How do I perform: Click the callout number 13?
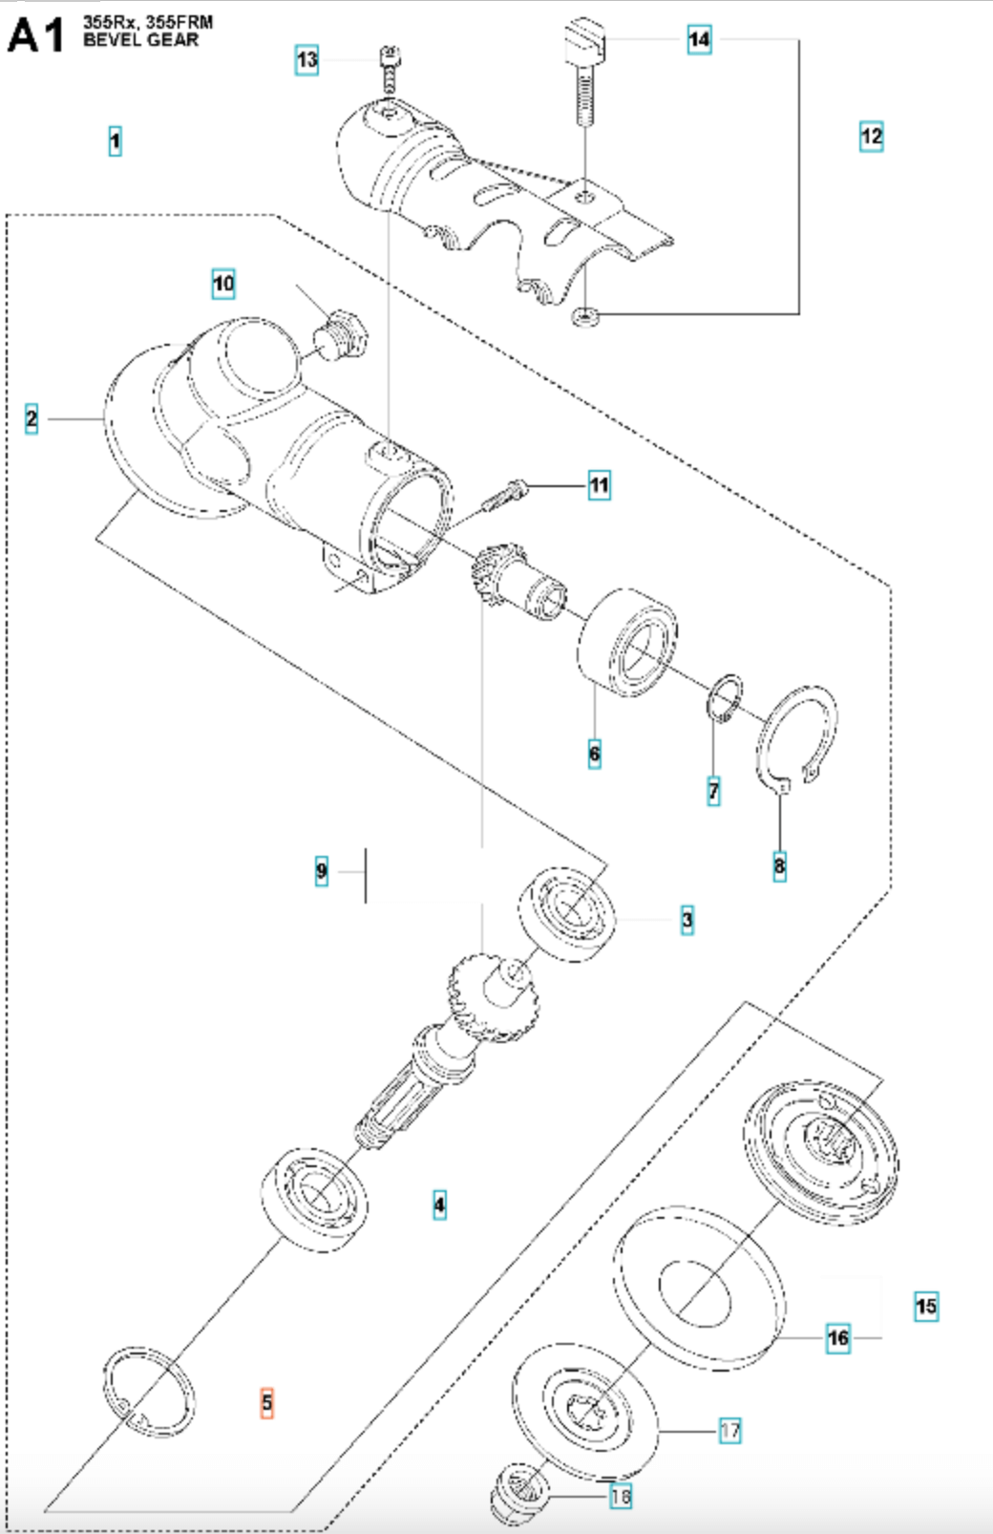[x=306, y=60]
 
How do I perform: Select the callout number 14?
[x=699, y=39]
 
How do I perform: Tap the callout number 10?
[x=223, y=284]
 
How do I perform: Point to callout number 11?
[x=599, y=485]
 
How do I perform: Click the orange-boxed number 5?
[x=267, y=1402]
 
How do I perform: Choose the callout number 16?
[x=837, y=1337]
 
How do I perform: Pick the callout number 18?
[x=621, y=1496]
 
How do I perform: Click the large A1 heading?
[x=36, y=35]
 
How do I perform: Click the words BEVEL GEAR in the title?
[x=141, y=40]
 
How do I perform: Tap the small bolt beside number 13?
[x=389, y=69]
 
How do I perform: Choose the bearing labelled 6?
[x=628, y=642]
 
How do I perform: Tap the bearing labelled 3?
[x=567, y=913]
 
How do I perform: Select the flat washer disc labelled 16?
[x=694, y=1279]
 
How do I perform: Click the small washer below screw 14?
[x=584, y=315]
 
